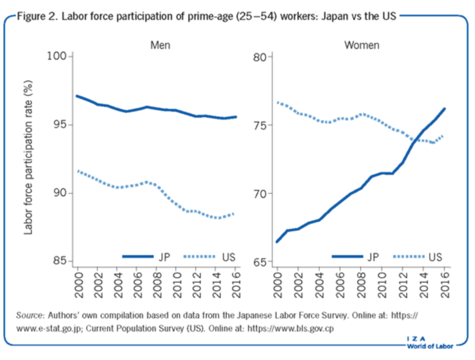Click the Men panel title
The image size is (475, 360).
(160, 46)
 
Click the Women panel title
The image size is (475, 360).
(361, 46)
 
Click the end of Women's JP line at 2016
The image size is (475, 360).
(443, 108)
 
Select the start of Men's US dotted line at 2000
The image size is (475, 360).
(76, 170)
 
